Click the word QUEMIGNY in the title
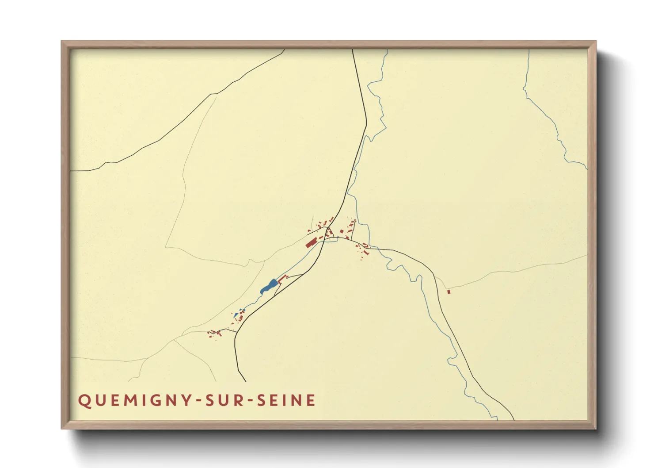point(135,401)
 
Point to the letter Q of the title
point(84,401)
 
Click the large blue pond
point(269,287)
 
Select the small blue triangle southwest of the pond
point(236,315)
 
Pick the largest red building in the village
point(311,242)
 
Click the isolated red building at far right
point(449,292)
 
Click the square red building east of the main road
point(342,231)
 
